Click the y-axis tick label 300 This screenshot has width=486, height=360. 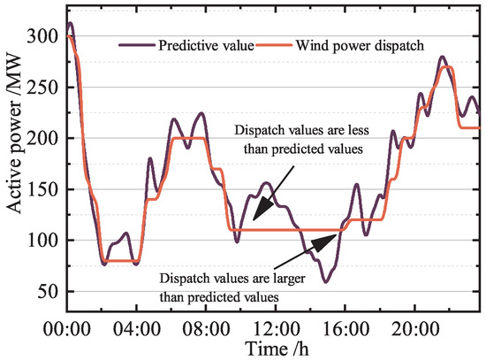(42, 37)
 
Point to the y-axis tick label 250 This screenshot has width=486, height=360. (42, 88)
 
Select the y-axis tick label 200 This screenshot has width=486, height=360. (42, 139)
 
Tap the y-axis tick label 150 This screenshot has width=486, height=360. (42, 190)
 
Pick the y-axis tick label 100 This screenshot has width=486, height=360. (42, 241)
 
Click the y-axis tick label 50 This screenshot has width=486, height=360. (46, 292)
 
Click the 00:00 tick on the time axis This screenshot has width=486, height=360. (66, 328)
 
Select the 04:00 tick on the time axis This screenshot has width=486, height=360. (136, 328)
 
